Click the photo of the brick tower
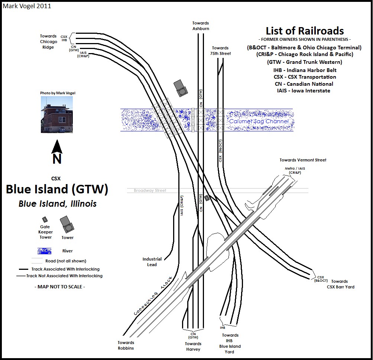[56, 114]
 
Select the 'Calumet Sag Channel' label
[259, 121]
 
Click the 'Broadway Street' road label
[150, 190]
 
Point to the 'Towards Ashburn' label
[201, 26]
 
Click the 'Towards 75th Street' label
[221, 50]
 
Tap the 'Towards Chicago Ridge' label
[49, 42]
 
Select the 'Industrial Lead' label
[152, 262]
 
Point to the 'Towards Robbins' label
[126, 345]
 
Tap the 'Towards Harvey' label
[193, 346]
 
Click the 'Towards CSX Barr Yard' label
[340, 284]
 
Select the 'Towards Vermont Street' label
[303, 160]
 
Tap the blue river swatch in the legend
[44, 251]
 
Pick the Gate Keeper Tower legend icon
[45, 220]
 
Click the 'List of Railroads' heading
[304, 31]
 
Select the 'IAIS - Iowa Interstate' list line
[304, 91]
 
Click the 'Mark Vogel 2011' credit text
[27, 6]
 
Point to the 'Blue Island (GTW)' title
[57, 189]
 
